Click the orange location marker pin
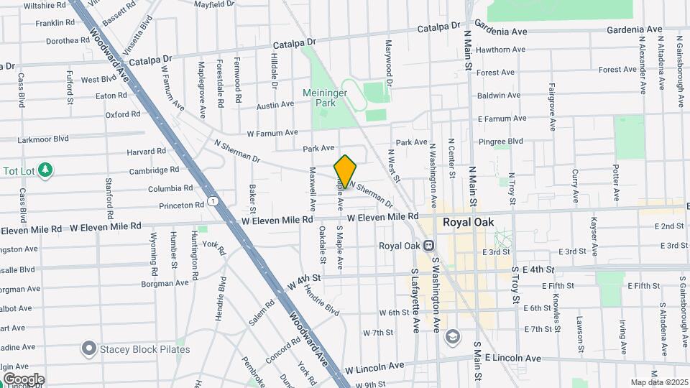pyautogui.click(x=345, y=172)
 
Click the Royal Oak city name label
pyautogui.click(x=467, y=222)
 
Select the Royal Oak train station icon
pyautogui.click(x=428, y=245)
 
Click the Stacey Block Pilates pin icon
pyautogui.click(x=89, y=349)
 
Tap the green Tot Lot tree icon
pyautogui.click(x=46, y=170)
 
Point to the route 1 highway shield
pyautogui.click(x=213, y=200)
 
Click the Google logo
pyautogui.click(x=24, y=379)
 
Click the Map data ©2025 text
pyautogui.click(x=658, y=382)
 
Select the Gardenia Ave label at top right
pyautogui.click(x=634, y=29)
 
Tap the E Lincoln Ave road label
pyautogui.click(x=512, y=358)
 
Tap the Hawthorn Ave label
pyautogui.click(x=500, y=50)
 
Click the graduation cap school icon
pyautogui.click(x=453, y=336)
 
